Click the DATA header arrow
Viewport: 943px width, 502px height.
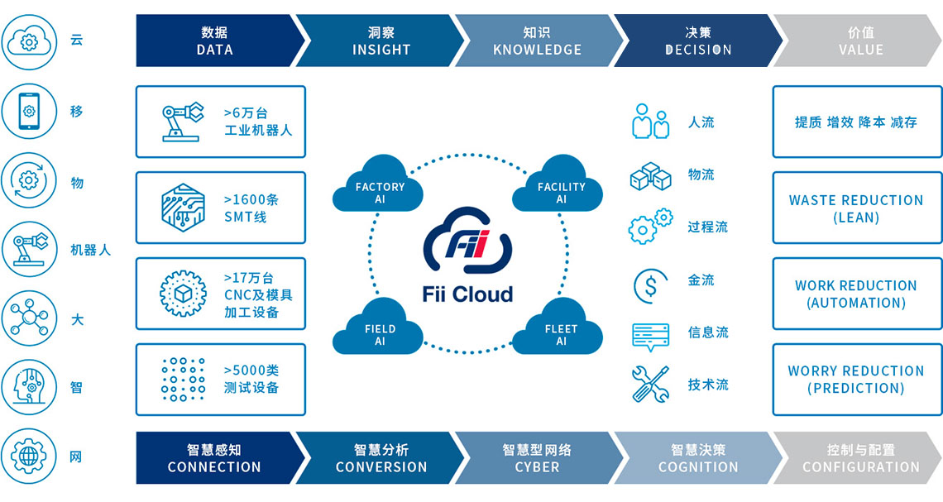pyautogui.click(x=215, y=41)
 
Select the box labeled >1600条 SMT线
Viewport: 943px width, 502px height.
pyautogui.click(x=221, y=208)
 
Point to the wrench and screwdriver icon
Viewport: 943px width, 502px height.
pyautogui.click(x=650, y=385)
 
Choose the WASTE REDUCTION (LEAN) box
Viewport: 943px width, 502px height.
pyautogui.click(x=856, y=208)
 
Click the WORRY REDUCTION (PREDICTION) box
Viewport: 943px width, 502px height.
pyautogui.click(x=856, y=380)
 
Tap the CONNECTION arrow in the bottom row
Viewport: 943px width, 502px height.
pyautogui.click(x=214, y=458)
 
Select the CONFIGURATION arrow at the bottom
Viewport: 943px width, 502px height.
pyautogui.click(x=860, y=458)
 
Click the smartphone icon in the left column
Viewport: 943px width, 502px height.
pyautogui.click(x=30, y=112)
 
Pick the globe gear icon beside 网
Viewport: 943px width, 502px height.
pyautogui.click(x=30, y=457)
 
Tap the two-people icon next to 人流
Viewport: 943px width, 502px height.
pyautogui.click(x=650, y=122)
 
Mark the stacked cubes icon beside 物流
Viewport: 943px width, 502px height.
pyautogui.click(x=650, y=176)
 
